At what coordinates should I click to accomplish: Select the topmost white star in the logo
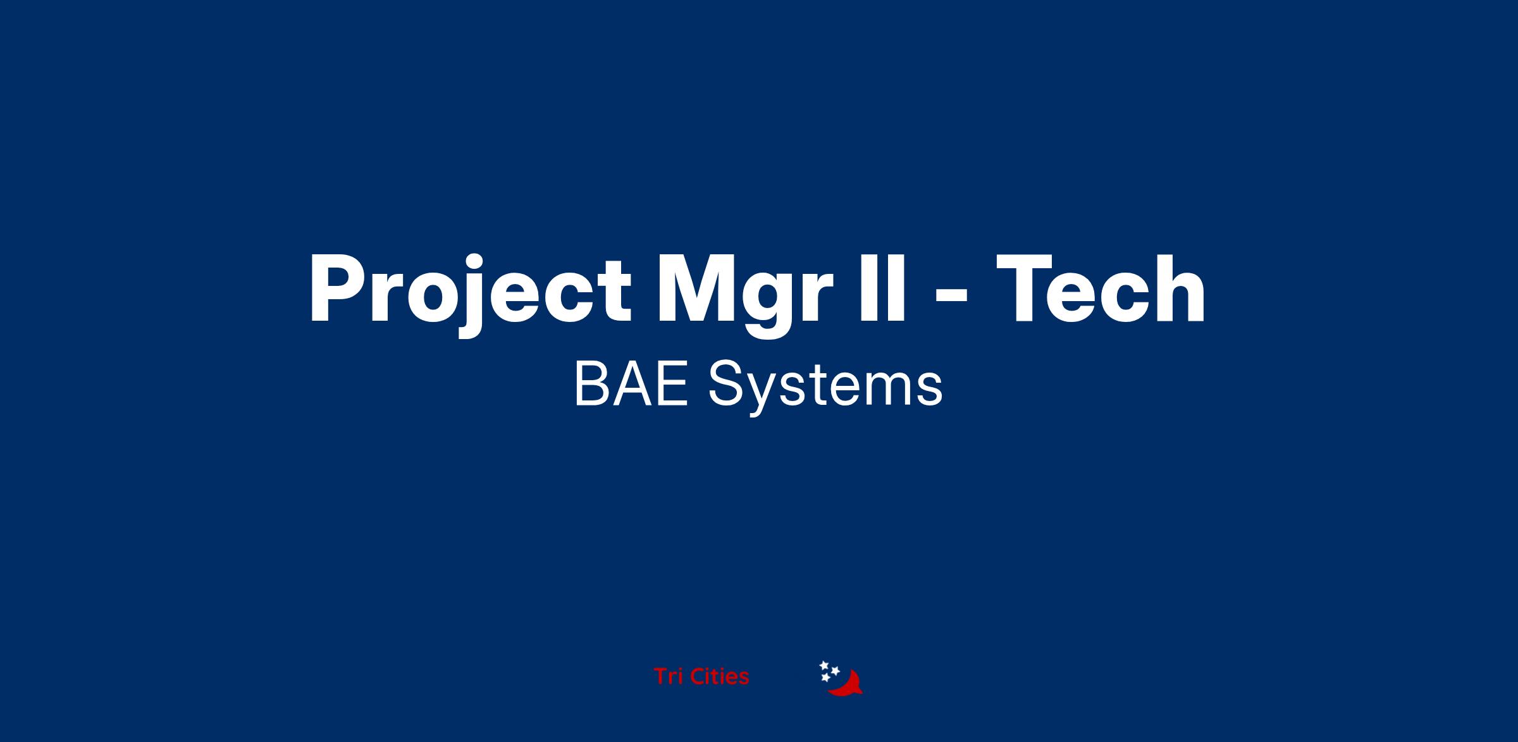click(824, 665)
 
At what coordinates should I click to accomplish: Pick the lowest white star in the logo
click(825, 678)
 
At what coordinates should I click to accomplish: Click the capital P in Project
click(336, 289)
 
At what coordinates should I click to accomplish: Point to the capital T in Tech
click(1025, 289)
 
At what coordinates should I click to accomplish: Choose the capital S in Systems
click(725, 383)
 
